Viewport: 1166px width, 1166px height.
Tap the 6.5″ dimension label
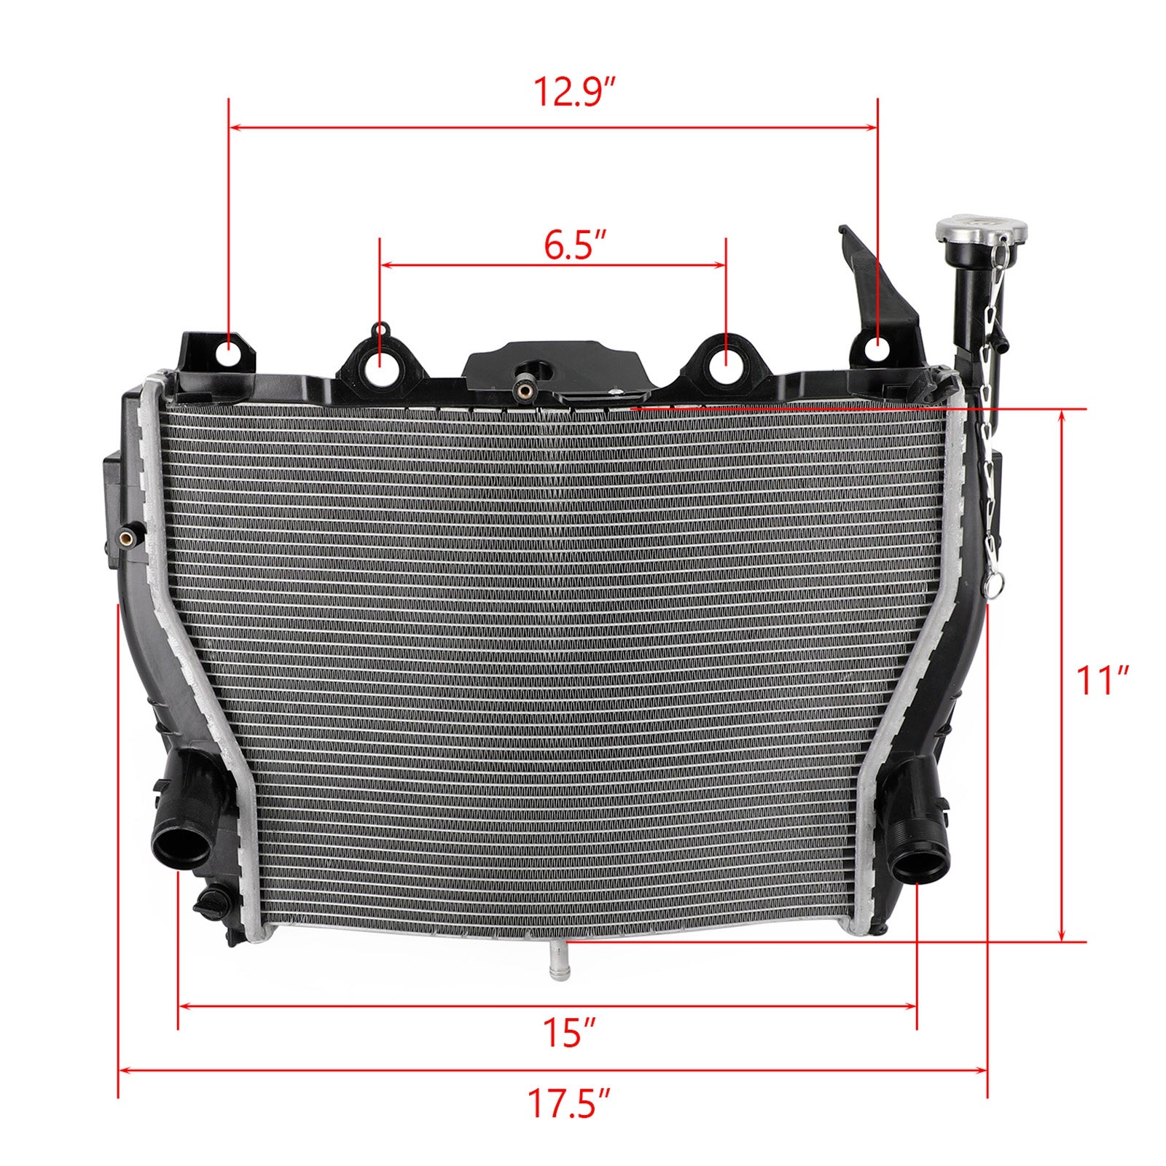point(575,245)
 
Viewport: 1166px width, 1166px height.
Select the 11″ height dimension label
point(1102,681)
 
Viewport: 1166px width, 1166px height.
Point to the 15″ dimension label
point(569,1033)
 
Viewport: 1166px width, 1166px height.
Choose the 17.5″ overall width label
point(568,1123)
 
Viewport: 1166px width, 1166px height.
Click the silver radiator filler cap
point(981,231)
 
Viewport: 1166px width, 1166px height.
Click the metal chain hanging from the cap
point(989,437)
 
